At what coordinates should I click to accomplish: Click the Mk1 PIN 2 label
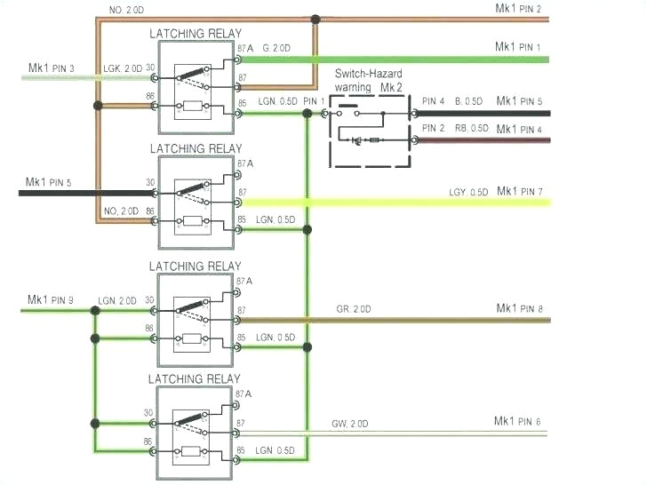[x=518, y=8]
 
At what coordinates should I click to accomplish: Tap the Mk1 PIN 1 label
[x=518, y=46]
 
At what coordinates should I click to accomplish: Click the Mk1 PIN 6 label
[x=517, y=421]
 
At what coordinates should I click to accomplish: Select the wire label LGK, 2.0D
[x=122, y=68]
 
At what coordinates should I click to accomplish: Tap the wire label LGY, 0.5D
[x=467, y=193]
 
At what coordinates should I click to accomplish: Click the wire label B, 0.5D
[x=471, y=101]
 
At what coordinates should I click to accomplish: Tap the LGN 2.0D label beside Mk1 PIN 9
[x=117, y=300]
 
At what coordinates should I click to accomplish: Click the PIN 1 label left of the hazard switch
[x=315, y=101]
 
